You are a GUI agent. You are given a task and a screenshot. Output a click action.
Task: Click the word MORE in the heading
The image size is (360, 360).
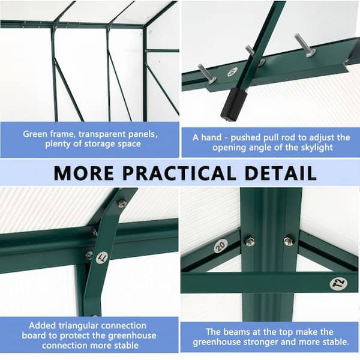click(83, 173)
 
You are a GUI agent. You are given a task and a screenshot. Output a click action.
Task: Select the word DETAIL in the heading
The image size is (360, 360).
click(281, 173)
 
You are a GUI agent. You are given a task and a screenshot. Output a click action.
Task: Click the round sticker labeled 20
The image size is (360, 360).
click(221, 245)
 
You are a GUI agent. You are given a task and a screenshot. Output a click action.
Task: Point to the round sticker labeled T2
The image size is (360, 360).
click(338, 284)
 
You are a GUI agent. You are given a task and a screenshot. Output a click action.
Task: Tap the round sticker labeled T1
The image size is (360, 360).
click(103, 257)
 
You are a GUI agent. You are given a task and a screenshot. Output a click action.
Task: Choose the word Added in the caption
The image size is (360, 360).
click(42, 326)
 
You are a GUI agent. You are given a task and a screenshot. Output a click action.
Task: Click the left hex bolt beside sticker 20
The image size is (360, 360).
click(250, 241)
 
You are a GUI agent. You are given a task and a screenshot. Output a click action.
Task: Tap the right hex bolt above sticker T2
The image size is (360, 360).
click(289, 241)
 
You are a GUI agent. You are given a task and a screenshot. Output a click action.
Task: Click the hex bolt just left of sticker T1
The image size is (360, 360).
click(89, 255)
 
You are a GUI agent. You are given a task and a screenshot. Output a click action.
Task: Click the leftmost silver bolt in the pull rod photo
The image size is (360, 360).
click(207, 74)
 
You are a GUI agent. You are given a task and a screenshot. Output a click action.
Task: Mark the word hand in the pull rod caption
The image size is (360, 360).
click(211, 137)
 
